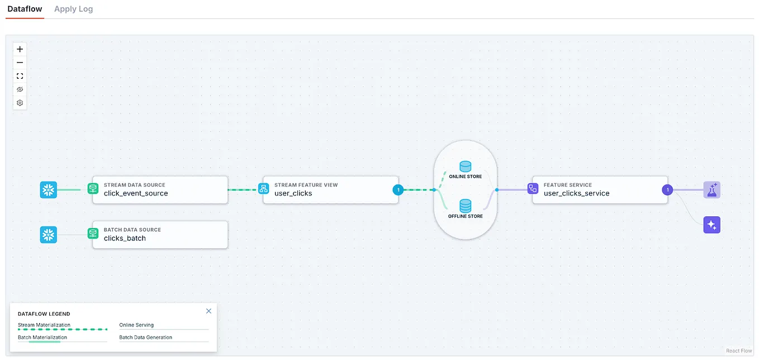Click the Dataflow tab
[x=25, y=9]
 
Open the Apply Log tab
[x=74, y=9]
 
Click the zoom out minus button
[x=20, y=63]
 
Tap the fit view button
[x=20, y=76]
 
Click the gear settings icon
[x=20, y=103]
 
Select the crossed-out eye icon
[x=20, y=89]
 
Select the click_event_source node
[x=160, y=190]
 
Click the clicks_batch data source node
[x=160, y=235]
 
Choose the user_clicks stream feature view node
[x=331, y=190]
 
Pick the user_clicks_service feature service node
[x=600, y=190]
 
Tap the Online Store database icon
[x=465, y=167]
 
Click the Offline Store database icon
[x=465, y=206]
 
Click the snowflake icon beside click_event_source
[x=49, y=190]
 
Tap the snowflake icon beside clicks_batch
[x=49, y=235]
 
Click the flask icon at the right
[x=712, y=190]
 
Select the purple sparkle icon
[x=712, y=225]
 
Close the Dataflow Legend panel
[x=208, y=311]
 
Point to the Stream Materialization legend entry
[x=44, y=325]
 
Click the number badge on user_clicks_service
[x=667, y=190]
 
